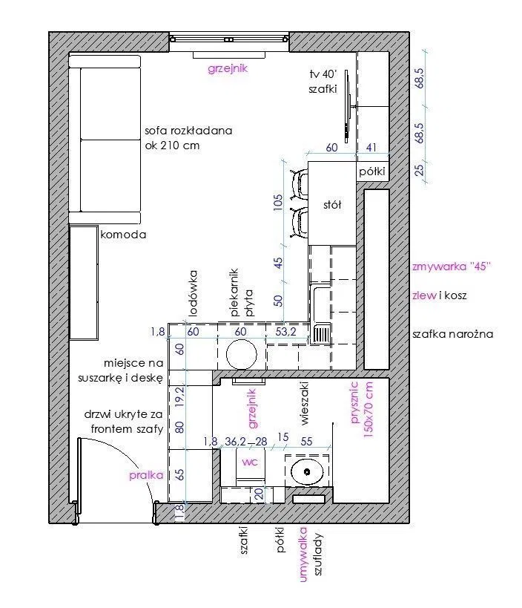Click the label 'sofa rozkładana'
(188, 131)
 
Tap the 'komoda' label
(123, 235)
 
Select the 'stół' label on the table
(332, 205)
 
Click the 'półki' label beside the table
(372, 171)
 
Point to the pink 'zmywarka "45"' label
(452, 267)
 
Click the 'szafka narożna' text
(453, 334)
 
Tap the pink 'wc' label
(250, 462)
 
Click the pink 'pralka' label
(146, 475)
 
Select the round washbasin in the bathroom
(307, 472)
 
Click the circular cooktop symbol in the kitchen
(241, 354)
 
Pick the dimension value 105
(279, 203)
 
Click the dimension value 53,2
(285, 332)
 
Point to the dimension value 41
(371, 147)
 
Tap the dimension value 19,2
(180, 396)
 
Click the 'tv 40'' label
(323, 73)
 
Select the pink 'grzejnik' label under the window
(228, 68)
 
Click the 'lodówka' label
(193, 293)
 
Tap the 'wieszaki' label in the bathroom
(304, 403)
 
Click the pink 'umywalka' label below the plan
(303, 555)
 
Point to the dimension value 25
(420, 170)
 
